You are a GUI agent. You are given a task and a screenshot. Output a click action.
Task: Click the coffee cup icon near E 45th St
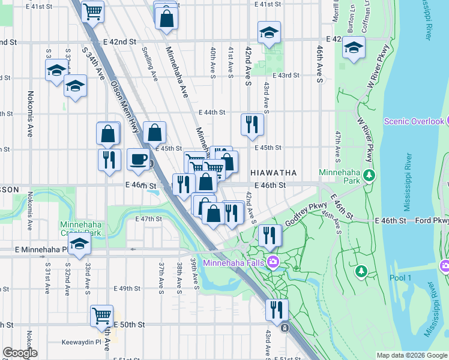[x=139, y=160]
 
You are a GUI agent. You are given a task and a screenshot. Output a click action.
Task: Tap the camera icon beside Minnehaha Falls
[x=274, y=262]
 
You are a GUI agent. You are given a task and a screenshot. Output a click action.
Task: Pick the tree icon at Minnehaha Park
[x=370, y=175]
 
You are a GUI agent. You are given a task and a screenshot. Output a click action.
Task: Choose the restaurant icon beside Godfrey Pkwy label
[x=270, y=235]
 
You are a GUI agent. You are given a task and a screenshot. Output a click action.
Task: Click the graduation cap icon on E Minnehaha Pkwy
[x=79, y=244]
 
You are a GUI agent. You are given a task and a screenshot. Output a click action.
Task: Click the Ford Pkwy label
[x=432, y=221]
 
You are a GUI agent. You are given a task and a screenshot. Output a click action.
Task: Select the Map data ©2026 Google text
[x=412, y=355]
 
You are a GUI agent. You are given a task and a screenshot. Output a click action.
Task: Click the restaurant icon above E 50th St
[x=276, y=309]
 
